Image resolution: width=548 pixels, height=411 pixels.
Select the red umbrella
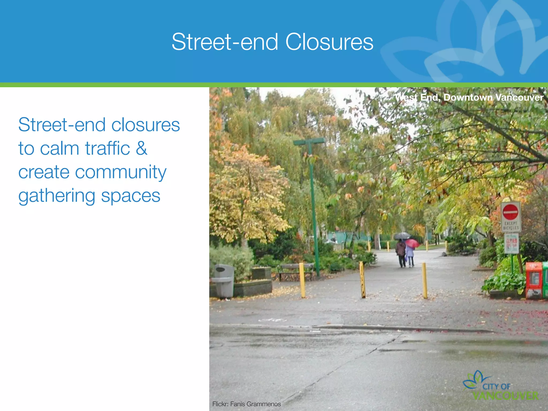point(412,243)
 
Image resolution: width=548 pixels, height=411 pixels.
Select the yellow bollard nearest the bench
point(302,280)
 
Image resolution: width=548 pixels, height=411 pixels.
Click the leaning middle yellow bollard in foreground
point(362,280)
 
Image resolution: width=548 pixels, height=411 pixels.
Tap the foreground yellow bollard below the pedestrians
point(424,280)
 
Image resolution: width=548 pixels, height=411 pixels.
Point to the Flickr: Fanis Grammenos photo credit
point(246,404)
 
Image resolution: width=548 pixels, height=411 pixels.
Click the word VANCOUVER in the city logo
point(505,396)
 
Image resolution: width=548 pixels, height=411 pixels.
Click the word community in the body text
point(120,172)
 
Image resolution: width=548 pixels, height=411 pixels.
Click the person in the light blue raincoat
point(410,256)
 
